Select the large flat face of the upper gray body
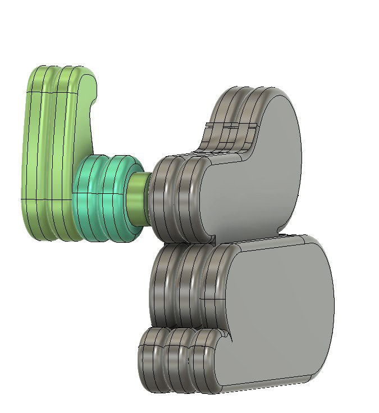[x=253, y=185]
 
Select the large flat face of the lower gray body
[x=275, y=309]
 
